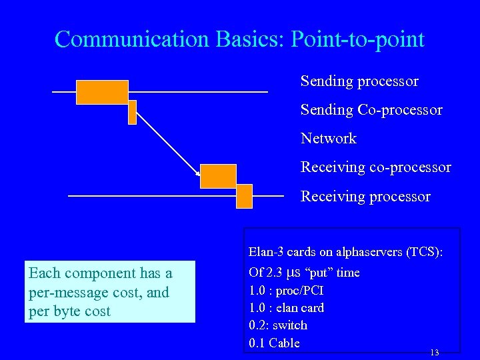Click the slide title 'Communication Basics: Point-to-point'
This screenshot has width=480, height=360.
[x=239, y=39]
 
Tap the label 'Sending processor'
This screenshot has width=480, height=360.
[x=359, y=81]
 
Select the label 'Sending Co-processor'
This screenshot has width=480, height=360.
[x=371, y=109]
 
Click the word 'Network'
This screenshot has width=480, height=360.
[x=329, y=139]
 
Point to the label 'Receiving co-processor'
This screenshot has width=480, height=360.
[x=375, y=167]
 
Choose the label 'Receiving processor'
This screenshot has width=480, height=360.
[x=365, y=197]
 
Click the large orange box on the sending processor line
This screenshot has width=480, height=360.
[x=101, y=92]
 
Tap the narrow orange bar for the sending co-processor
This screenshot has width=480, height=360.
[x=132, y=112]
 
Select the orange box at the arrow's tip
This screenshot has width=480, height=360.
[x=218, y=176]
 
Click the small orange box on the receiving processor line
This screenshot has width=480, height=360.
[x=244, y=197]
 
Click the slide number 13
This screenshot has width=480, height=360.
[x=435, y=352]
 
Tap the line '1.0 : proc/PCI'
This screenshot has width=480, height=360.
[x=286, y=291]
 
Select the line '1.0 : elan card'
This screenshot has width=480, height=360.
[x=286, y=308]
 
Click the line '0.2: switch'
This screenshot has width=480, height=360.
[x=278, y=325]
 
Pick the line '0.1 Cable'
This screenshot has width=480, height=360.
[x=274, y=343]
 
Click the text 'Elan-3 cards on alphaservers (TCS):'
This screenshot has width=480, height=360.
[x=345, y=252]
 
